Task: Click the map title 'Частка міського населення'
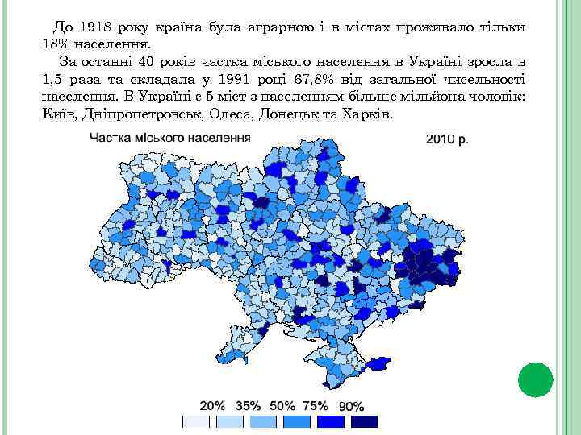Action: tap(170, 137)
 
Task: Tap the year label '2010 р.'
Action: tap(447, 139)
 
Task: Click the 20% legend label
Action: tap(212, 406)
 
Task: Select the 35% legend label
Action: tap(249, 406)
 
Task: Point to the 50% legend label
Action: tap(282, 406)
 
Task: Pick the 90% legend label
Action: tap(351, 407)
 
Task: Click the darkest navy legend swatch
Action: tap(365, 422)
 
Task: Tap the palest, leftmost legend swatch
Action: tap(196, 422)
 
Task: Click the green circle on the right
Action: tap(535, 380)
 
